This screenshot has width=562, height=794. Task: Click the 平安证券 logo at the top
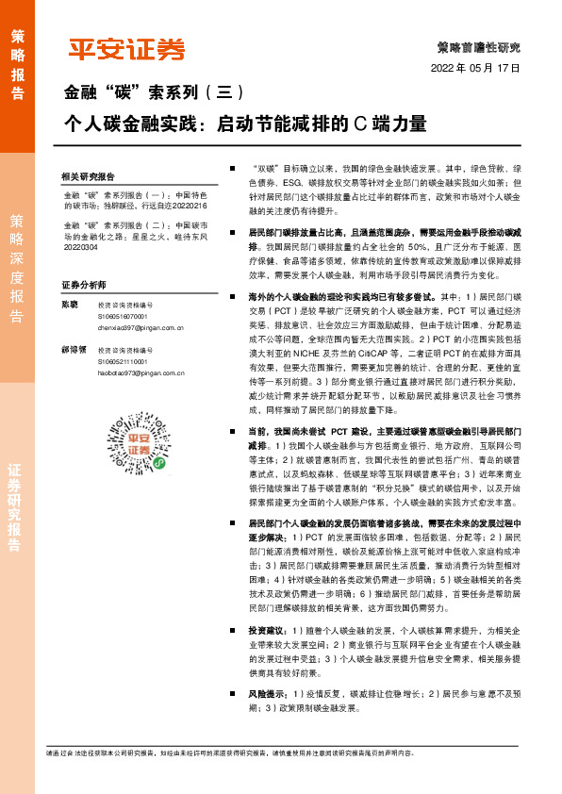[126, 49]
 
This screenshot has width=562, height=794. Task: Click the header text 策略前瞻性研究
[479, 46]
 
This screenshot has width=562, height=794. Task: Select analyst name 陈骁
[69, 305]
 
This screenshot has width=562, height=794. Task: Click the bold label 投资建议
[266, 629]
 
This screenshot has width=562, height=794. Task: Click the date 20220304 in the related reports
[79, 250]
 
